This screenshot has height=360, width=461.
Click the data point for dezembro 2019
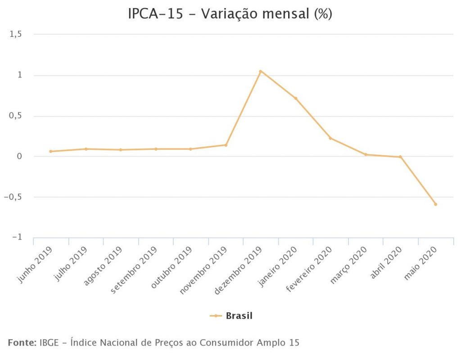pos(260,71)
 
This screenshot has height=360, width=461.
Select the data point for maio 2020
pos(435,204)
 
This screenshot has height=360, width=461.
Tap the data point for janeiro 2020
pos(296,98)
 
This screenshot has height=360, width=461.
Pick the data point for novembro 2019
pos(226,145)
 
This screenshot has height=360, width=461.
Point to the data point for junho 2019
pos(51,151)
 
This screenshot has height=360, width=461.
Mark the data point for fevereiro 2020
pos(330,138)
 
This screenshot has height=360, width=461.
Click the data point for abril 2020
pos(400,157)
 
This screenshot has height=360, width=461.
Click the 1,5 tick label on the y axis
pos(16,34)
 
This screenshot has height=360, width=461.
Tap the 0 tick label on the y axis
pos(19,157)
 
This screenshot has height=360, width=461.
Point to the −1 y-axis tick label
pos(17,238)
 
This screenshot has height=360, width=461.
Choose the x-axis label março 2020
pos(349,265)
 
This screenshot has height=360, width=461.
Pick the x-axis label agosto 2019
pos(103,266)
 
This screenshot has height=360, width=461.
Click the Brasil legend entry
pos(239,316)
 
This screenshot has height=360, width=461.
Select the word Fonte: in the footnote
pos(22,342)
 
